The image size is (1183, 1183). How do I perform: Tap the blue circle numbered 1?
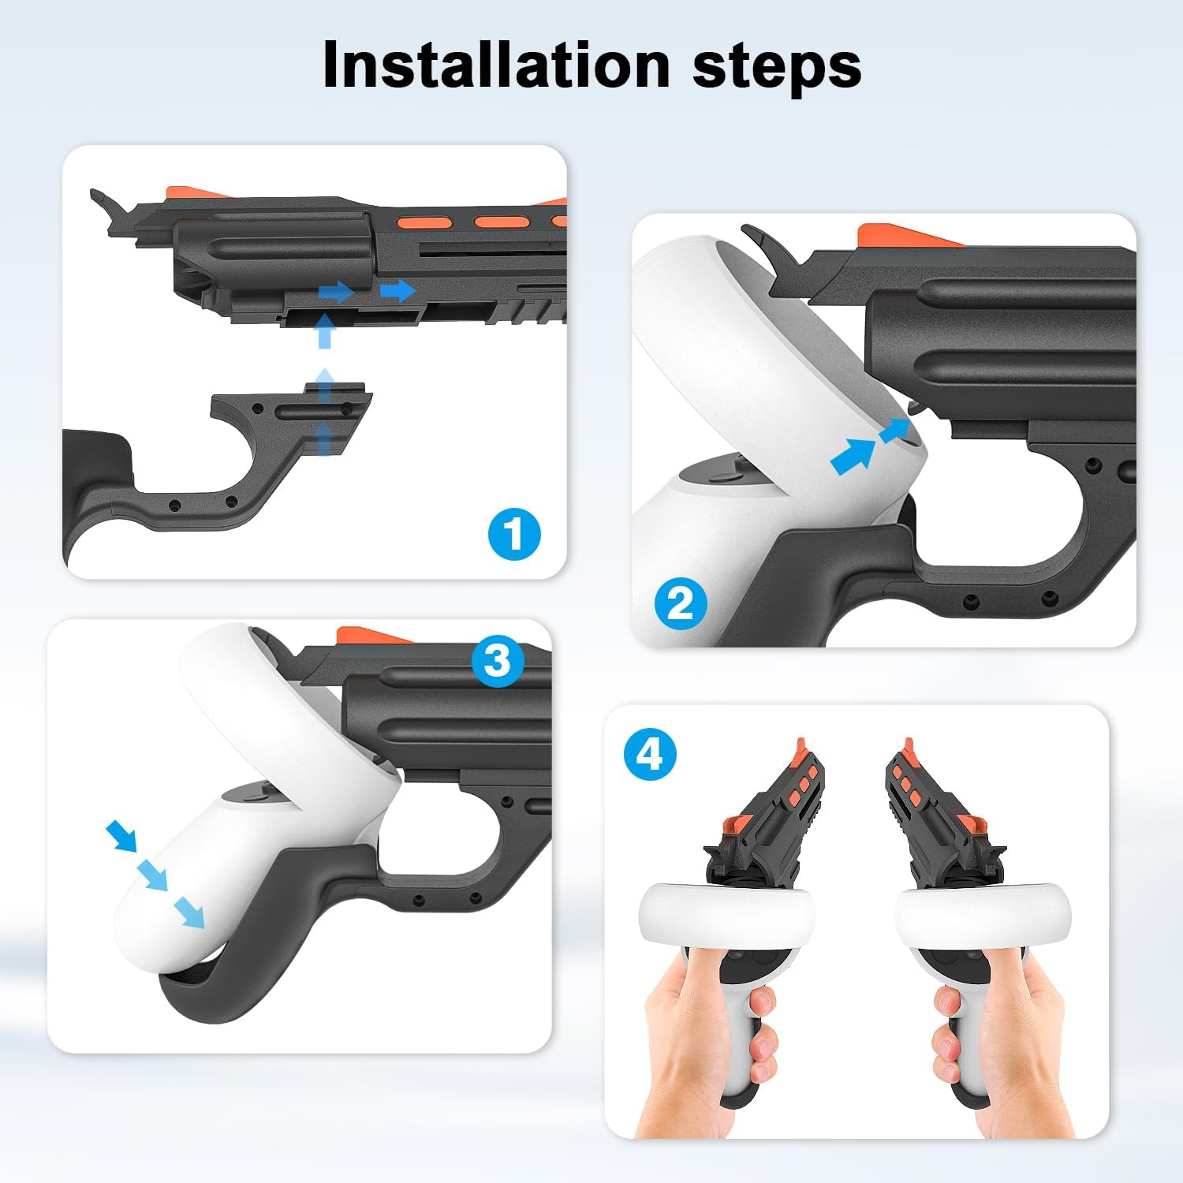pyautogui.click(x=514, y=534)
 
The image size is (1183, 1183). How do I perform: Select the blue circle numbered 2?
pyautogui.click(x=681, y=603)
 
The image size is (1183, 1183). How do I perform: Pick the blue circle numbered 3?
pyautogui.click(x=497, y=659)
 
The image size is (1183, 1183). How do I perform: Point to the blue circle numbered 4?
pyautogui.click(x=650, y=754)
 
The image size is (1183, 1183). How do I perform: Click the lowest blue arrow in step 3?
pyautogui.click(x=188, y=911)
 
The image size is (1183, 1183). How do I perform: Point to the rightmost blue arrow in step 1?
pyautogui.click(x=398, y=290)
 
